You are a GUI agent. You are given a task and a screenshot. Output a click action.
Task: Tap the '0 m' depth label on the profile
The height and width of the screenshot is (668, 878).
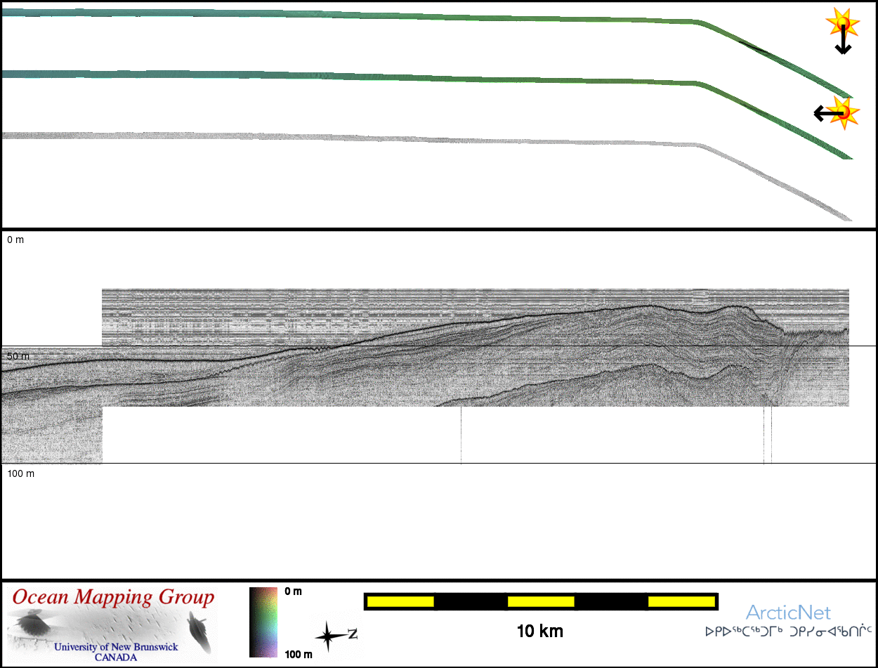(15, 240)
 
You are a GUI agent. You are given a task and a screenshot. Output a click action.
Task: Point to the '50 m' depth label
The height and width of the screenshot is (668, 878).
(18, 356)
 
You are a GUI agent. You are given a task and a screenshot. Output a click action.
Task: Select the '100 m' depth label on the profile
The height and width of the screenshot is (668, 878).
(21, 474)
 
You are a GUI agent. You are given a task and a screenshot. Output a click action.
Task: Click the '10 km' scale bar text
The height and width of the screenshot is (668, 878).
(540, 631)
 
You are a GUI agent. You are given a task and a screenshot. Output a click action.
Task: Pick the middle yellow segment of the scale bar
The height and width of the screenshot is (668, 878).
(541, 601)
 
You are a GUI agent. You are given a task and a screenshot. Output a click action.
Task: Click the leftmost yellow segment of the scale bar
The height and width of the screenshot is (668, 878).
(400, 601)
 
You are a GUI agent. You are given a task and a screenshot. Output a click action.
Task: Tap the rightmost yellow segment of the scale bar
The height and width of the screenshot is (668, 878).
(681, 601)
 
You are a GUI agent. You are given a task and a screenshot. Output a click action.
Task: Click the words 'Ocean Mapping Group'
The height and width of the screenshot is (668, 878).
(113, 598)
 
